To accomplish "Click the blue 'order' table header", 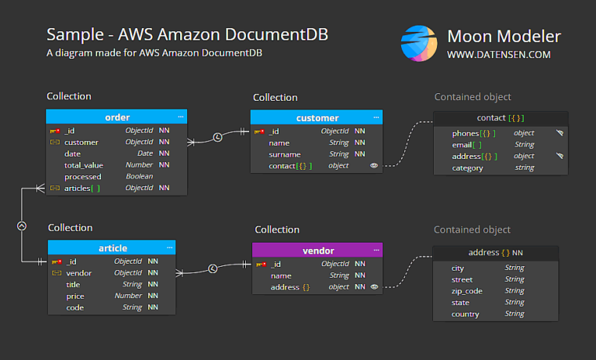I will tap(116, 117).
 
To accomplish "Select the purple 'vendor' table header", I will tap(317, 251).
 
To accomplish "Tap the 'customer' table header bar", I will tap(317, 118).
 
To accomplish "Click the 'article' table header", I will tap(113, 248).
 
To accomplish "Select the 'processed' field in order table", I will tap(82, 177).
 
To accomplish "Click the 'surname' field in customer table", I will tap(285, 154).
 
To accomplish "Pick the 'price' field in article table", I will tap(75, 296).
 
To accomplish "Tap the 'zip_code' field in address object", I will tap(467, 291).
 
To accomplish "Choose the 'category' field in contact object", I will tap(468, 168).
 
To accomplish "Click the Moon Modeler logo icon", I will tap(418, 43).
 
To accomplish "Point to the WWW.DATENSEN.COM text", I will tap(498, 55).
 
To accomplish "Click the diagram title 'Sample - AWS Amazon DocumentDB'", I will tap(187, 35).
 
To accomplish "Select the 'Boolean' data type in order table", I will tap(140, 177).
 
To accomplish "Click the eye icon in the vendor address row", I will tap(374, 287).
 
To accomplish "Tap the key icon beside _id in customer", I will tap(259, 132).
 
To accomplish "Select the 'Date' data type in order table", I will tap(145, 154).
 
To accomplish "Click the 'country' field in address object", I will tap(465, 314).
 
